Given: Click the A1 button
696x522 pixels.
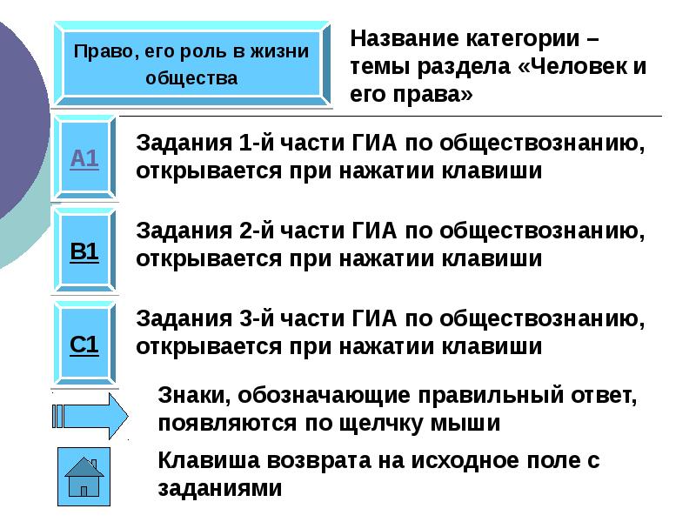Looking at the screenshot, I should [84, 158].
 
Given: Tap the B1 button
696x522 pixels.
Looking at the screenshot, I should [84, 252].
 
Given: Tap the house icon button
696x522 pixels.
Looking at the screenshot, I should [84, 478].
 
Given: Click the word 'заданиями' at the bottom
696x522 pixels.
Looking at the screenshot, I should [221, 488].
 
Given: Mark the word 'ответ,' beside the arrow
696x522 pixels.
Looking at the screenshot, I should [601, 396].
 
